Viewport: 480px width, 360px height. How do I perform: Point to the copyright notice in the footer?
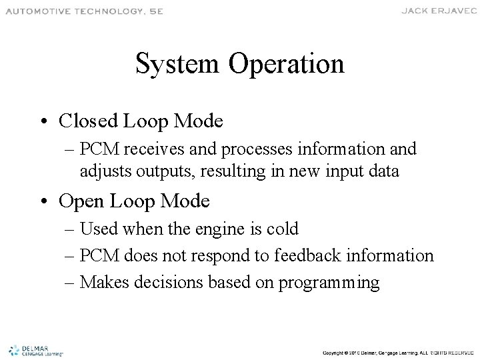click(x=397, y=351)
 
